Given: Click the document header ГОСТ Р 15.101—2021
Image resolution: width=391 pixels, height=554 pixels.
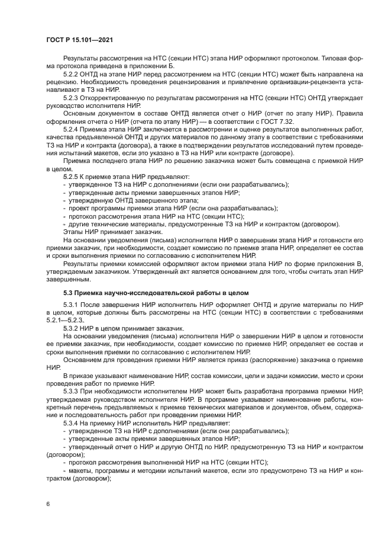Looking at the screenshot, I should pos(79,40).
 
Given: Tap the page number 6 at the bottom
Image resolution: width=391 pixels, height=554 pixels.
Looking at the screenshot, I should pos(47,504).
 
